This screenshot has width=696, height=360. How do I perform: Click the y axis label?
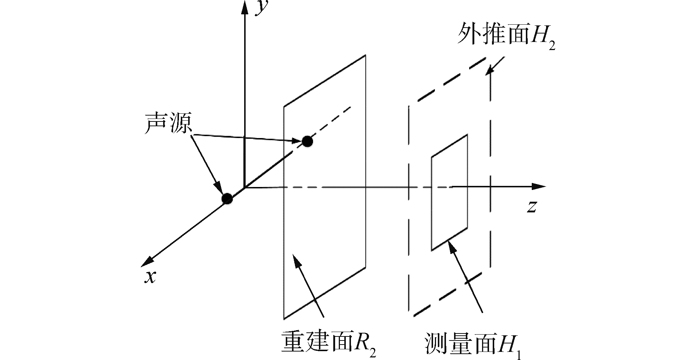(261, 8)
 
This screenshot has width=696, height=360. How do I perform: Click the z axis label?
(531, 207)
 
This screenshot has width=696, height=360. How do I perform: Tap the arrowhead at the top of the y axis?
(244, 7)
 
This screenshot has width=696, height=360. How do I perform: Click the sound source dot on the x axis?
(228, 199)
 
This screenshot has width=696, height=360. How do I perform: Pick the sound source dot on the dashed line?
(307, 141)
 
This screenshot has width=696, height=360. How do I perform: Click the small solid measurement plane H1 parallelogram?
(449, 193)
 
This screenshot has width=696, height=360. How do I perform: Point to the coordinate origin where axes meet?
(244, 187)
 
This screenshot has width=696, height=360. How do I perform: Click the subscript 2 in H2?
(551, 46)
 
